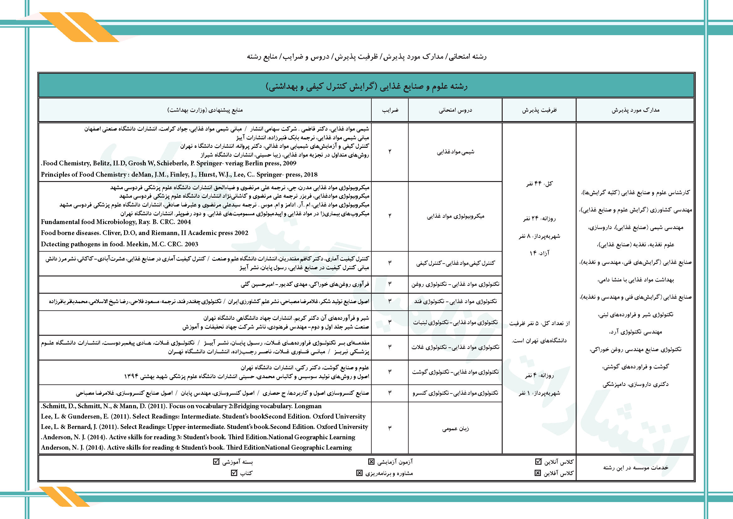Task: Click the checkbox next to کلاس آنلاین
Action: coord(538,462)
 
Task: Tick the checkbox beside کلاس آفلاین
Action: coord(538,473)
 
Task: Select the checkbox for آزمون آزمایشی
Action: coord(371,462)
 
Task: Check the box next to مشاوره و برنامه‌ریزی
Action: coord(359,473)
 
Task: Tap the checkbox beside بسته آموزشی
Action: coord(216,462)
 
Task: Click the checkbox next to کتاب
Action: coord(234,473)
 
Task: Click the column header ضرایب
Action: coord(390,110)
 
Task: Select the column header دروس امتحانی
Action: coord(455,110)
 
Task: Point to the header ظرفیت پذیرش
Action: coord(539,110)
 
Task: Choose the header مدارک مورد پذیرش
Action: coord(635,110)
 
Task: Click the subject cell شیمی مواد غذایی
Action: coord(456,152)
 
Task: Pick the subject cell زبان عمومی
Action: coord(456,429)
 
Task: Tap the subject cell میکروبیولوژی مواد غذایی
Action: coord(456,217)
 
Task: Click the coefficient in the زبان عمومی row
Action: coord(390,428)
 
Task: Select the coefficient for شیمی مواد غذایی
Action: coord(390,152)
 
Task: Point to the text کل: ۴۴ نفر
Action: coord(539,184)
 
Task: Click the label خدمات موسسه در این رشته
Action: coord(635,468)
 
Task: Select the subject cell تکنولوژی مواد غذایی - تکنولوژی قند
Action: coord(456,301)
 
